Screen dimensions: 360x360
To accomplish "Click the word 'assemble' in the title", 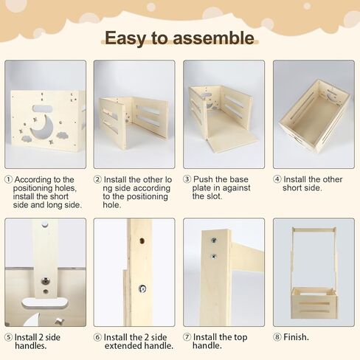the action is pyautogui.click(x=213, y=38).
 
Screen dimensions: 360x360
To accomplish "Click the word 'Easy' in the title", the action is pyautogui.click(x=125, y=38).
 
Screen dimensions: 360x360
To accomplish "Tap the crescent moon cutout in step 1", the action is pyautogui.click(x=44, y=127).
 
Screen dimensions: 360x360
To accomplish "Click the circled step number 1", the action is pyautogui.click(x=8, y=179).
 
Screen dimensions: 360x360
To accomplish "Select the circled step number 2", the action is pyautogui.click(x=97, y=179).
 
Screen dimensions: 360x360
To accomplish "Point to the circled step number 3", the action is pyautogui.click(x=187, y=179).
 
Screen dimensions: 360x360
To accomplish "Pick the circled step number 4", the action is pyautogui.click(x=277, y=179).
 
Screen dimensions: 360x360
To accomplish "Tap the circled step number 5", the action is pyautogui.click(x=8, y=337).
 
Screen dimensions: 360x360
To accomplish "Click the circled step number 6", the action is pyautogui.click(x=97, y=337).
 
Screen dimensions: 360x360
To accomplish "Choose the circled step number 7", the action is pyautogui.click(x=187, y=337).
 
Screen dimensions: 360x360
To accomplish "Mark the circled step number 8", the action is pyautogui.click(x=277, y=337).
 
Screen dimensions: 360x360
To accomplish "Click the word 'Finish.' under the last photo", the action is pyautogui.click(x=296, y=337).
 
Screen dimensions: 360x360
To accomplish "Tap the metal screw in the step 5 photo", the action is pyautogui.click(x=45, y=280).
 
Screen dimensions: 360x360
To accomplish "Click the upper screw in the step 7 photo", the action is pyautogui.click(x=214, y=240).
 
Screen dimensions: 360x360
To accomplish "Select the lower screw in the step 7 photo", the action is pyautogui.click(x=214, y=257).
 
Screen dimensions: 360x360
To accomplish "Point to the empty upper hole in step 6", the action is pyautogui.click(x=142, y=240).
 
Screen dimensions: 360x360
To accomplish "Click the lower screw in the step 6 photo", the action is pyautogui.click(x=142, y=289).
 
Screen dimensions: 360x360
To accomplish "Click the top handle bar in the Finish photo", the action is pyautogui.click(x=314, y=229).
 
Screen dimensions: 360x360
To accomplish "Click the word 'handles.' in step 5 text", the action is pyautogui.click(x=31, y=345).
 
